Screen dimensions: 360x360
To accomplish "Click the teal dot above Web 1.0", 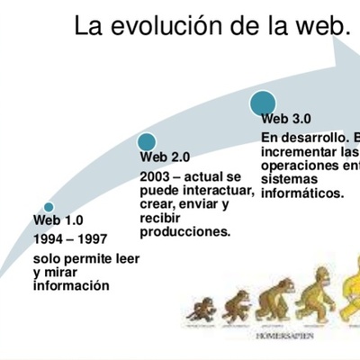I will point(49,207).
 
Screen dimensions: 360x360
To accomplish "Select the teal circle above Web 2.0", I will point(147,141).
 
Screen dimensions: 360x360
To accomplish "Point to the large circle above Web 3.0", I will point(264,103).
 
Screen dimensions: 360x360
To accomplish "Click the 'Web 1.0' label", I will point(58,220).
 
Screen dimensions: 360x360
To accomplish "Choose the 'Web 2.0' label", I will point(164,157).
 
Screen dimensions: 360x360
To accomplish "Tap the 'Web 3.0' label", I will point(286,118).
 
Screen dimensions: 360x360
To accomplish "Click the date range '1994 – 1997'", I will point(70,241).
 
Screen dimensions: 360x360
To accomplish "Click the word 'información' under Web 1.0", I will point(71,286).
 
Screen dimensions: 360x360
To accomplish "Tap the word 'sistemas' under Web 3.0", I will point(286,179).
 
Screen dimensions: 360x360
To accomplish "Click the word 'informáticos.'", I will point(301,193).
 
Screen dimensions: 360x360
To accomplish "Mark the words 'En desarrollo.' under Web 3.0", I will point(300,138).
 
